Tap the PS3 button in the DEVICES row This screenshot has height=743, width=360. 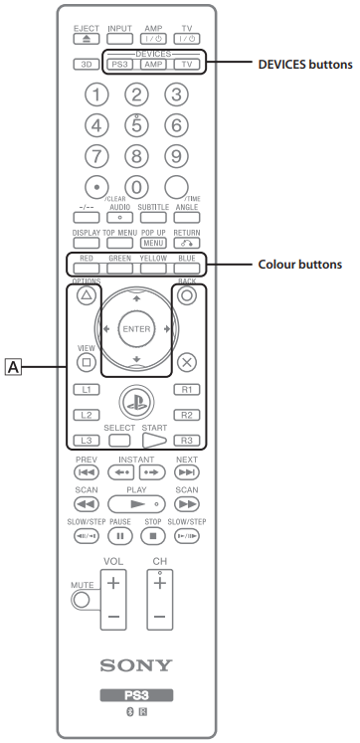pos(119,64)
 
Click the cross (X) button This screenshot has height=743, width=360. pos(187,363)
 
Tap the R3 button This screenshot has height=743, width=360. pos(187,440)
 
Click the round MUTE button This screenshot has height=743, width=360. pos(82,599)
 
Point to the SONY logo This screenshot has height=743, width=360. pos(137,664)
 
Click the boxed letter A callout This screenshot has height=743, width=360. pos(14,369)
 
